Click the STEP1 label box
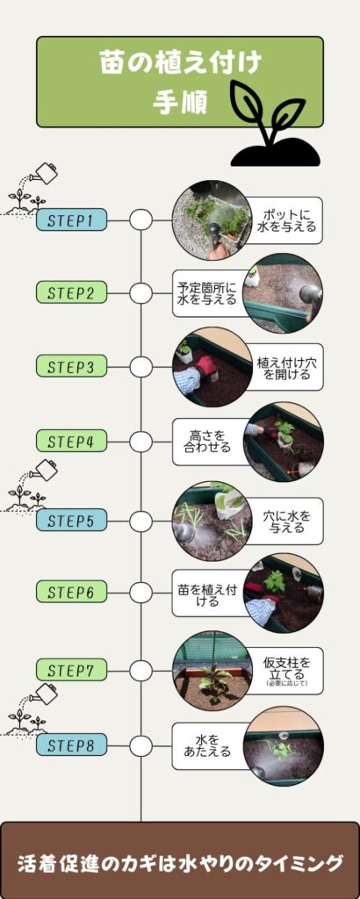click(71, 219)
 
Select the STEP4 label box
click(71, 441)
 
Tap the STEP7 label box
click(71, 669)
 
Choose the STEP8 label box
click(71, 744)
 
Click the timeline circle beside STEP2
click(141, 293)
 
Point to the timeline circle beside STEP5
click(141, 521)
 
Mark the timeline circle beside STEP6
click(141, 593)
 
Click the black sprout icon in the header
click(275, 123)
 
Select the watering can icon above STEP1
click(44, 173)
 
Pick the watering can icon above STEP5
click(44, 471)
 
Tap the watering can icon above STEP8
click(44, 694)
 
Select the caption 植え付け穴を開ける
click(284, 368)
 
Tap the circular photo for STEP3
click(212, 367)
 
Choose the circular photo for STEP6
click(284, 593)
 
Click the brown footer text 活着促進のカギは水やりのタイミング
click(180, 862)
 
